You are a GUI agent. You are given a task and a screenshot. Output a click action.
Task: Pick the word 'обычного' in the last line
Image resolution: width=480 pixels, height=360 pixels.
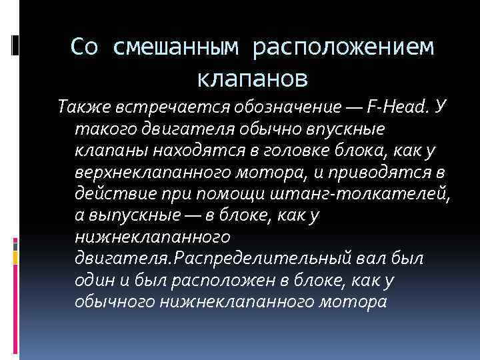(x=114, y=301)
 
